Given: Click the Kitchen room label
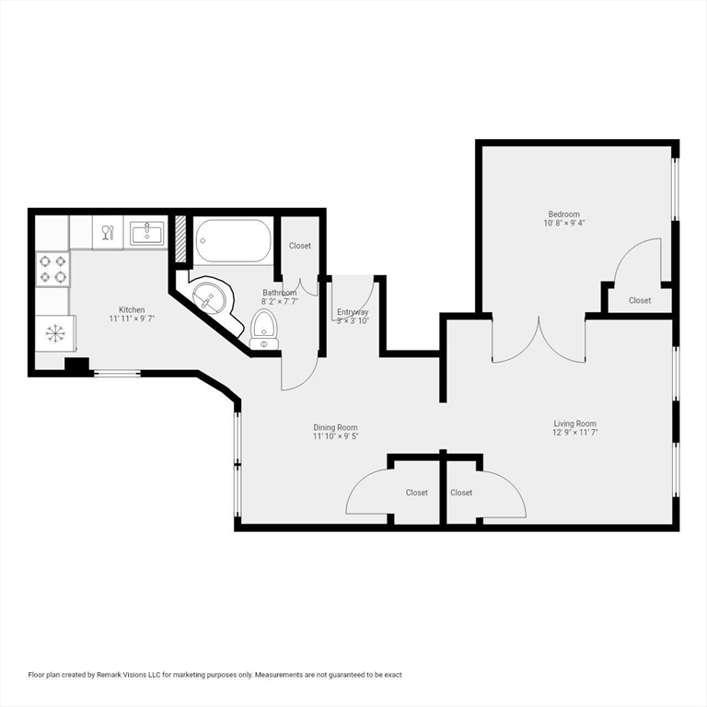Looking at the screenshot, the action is [132, 309].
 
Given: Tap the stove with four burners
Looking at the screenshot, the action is [53, 269].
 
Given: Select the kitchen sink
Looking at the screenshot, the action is [147, 233].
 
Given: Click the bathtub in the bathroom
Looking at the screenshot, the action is [233, 241].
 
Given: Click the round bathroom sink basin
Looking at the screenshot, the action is [209, 297].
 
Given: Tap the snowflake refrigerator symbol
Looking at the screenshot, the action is [55, 333].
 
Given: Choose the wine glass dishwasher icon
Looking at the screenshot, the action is [109, 233].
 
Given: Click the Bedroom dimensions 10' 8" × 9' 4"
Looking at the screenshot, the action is [564, 223].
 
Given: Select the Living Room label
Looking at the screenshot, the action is [574, 423].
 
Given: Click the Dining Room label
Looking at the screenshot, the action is [335, 427].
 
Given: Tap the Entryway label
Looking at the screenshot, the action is [353, 311].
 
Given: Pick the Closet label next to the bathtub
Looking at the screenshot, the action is [300, 246].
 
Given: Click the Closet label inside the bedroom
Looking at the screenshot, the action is [640, 300].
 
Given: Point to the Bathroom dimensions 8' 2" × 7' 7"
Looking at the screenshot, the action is [280, 302].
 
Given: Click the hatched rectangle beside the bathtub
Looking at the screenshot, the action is [180, 238].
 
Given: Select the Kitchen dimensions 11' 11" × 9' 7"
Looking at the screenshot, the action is [132, 319].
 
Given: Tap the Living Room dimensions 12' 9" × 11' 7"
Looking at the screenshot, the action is [574, 433].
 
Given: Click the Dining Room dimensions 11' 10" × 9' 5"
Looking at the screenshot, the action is [335, 436].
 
